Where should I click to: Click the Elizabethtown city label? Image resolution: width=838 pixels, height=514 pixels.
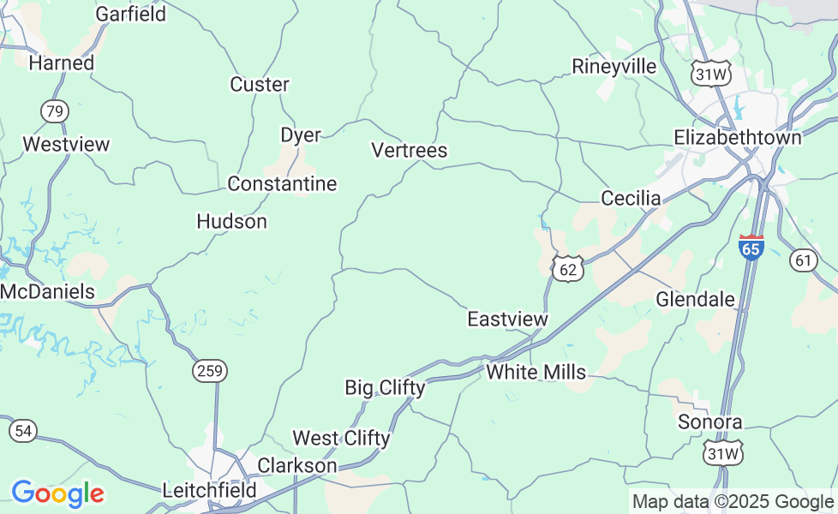[x=737, y=137]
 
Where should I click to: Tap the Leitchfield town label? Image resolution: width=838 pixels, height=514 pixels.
[x=209, y=491]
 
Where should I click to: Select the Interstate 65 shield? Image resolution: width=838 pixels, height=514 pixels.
[x=751, y=247]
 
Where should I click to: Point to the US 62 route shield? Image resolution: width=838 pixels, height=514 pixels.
[x=567, y=269]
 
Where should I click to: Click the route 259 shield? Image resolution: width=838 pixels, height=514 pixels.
[x=209, y=371]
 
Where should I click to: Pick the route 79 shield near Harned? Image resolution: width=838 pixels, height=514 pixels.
[x=54, y=111]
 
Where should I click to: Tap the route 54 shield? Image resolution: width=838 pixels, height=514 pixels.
[x=24, y=431]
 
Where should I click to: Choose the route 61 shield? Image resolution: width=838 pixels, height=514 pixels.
[x=804, y=260]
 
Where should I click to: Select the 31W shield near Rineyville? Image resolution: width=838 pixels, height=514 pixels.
[x=710, y=74]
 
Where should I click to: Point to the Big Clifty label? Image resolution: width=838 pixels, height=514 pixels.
[x=385, y=387]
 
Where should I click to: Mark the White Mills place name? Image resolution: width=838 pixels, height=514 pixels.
[x=536, y=372]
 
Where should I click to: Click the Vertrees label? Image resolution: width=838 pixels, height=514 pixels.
[x=409, y=151]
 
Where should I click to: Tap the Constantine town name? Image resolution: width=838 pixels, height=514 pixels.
[x=282, y=184]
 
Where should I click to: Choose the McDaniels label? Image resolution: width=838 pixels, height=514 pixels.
[x=47, y=292]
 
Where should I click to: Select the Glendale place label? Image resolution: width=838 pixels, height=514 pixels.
[x=695, y=299]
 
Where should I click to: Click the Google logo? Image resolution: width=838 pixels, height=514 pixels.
[x=57, y=493]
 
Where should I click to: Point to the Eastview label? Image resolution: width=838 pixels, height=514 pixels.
[x=506, y=320]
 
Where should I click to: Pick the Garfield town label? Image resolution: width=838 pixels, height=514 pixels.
[x=130, y=14]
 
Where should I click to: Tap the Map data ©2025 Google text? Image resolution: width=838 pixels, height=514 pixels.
[x=732, y=502]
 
